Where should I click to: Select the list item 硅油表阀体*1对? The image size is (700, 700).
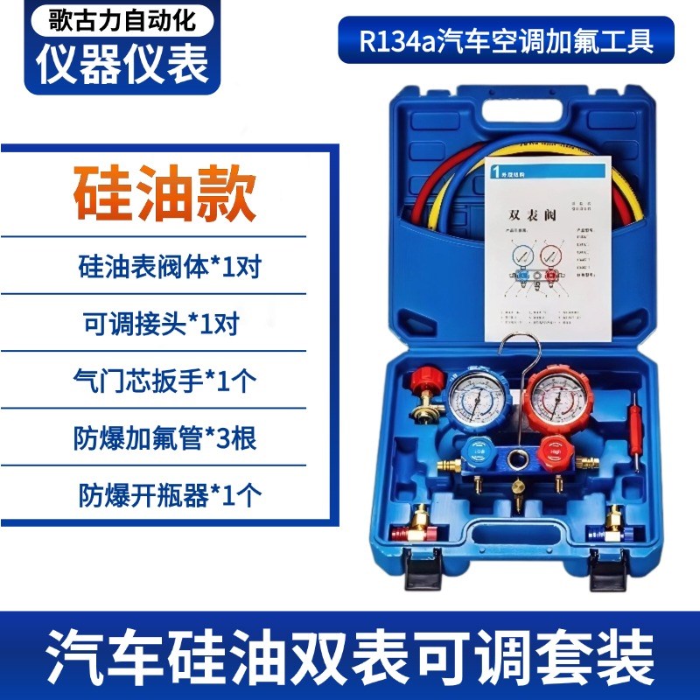click(169, 266)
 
